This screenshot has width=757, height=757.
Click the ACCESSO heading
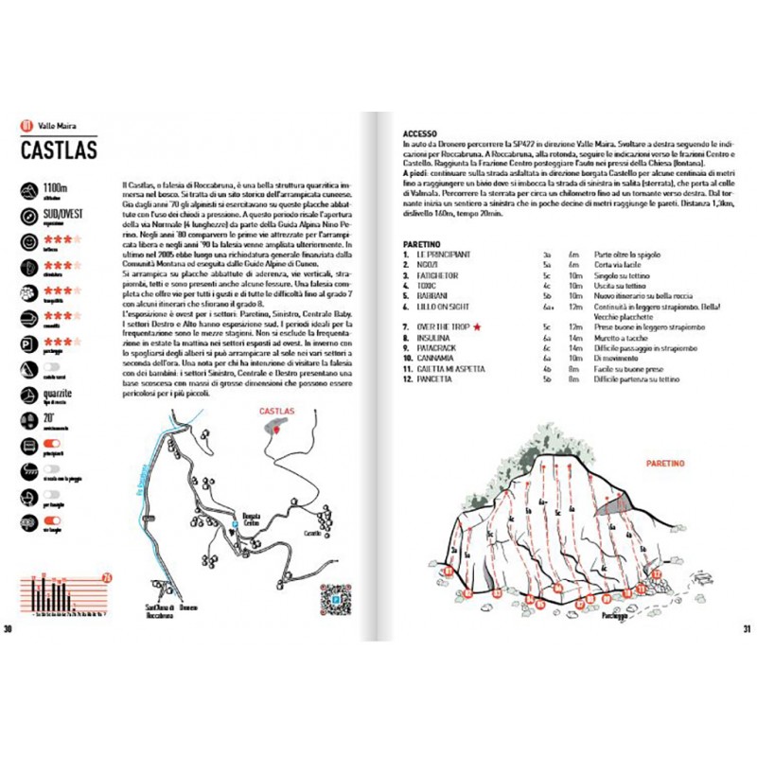(x=420, y=134)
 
